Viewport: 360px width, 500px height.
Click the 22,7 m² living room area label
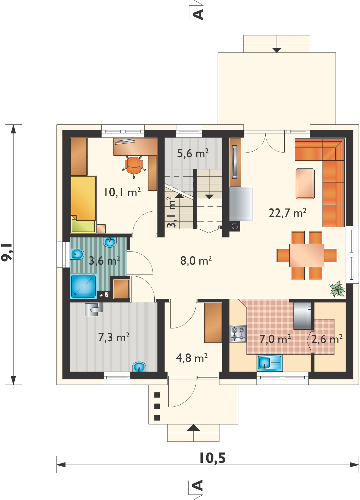(287, 213)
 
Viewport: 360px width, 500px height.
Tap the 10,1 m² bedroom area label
(122, 192)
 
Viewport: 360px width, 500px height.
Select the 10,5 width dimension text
(212, 458)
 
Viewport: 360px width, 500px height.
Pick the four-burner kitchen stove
(238, 334)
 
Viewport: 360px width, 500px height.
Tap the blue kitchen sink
(270, 363)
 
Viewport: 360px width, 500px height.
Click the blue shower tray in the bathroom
(83, 286)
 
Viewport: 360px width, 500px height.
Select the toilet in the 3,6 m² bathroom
(77, 254)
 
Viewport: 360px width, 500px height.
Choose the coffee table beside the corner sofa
(305, 184)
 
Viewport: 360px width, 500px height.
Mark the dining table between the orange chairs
(307, 255)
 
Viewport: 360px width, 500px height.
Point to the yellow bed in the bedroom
(83, 204)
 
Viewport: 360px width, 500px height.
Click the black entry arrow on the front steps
(193, 428)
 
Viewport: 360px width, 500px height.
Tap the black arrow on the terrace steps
(277, 50)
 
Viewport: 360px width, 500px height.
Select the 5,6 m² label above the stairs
(193, 153)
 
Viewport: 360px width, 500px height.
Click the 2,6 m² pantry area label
(327, 339)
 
